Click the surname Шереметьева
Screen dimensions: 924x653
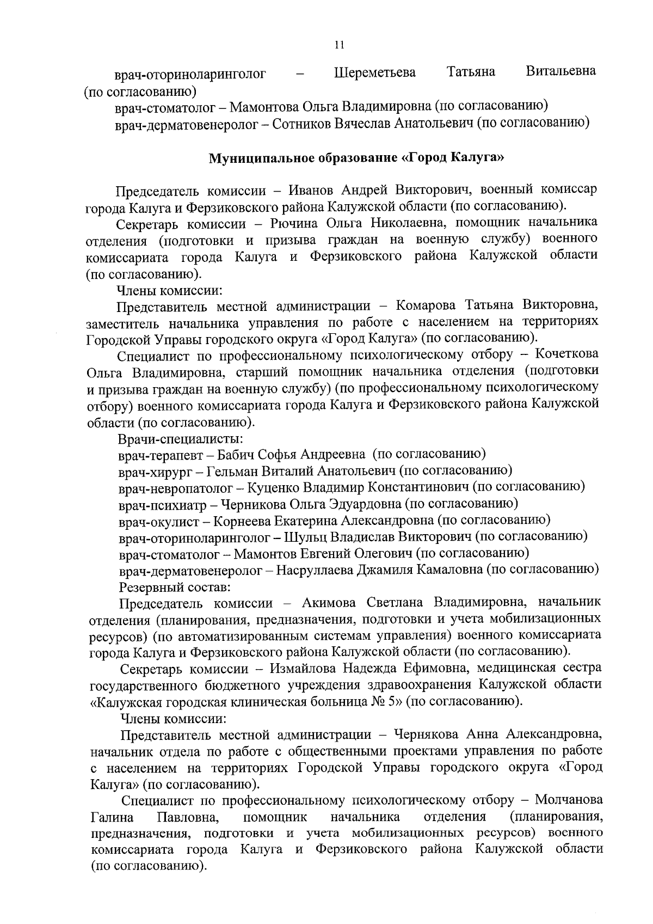coord(374,72)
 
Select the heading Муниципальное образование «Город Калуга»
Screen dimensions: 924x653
coord(357,158)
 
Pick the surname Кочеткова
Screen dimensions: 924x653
coord(566,354)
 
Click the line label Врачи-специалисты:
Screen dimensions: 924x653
coord(181,438)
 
